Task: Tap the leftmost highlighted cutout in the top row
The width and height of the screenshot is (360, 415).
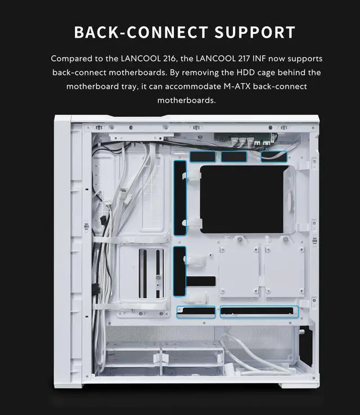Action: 202,156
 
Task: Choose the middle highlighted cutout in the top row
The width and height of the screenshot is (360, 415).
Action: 234,156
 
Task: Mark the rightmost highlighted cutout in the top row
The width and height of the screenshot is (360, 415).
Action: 273,156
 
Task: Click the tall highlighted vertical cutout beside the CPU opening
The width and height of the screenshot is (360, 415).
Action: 180,197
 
